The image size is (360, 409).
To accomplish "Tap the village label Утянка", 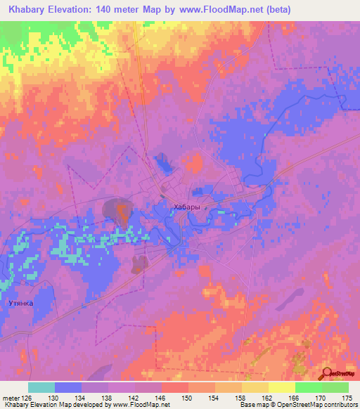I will point(21,304).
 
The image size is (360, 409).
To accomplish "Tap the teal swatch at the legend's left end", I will point(41,387).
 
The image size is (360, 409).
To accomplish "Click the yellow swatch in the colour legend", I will point(281,387).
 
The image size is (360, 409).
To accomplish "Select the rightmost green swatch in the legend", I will point(335,387).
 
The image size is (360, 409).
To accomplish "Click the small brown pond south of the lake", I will point(139,264).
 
